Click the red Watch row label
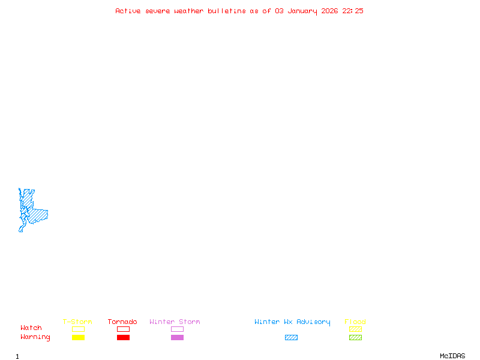31,328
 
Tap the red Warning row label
35,337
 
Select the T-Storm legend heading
77,322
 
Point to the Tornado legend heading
122,322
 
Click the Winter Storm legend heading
175,322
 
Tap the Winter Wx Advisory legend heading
292,322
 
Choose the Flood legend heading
355,322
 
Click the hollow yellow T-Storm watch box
78,329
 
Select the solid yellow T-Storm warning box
78,338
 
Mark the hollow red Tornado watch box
123,329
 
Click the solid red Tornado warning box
123,338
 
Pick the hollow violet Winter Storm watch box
177,329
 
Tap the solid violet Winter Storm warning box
177,338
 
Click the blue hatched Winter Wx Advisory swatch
291,338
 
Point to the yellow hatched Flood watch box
355,329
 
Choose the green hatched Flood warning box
355,338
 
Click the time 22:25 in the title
353,11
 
